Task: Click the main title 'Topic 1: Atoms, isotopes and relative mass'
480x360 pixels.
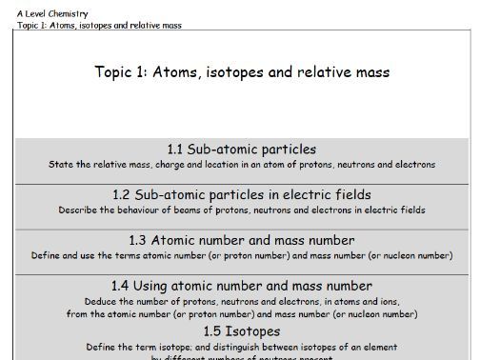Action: [242, 72]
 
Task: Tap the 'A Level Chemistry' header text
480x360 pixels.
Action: [52, 14]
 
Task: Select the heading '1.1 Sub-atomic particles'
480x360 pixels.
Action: [242, 150]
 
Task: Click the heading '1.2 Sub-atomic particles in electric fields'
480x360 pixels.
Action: [242, 194]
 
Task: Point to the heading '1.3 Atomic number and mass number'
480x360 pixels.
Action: [242, 240]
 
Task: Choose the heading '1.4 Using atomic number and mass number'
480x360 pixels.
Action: [242, 286]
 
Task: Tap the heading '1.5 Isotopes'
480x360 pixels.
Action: [242, 331]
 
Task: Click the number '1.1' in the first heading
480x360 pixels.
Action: [177, 150]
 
